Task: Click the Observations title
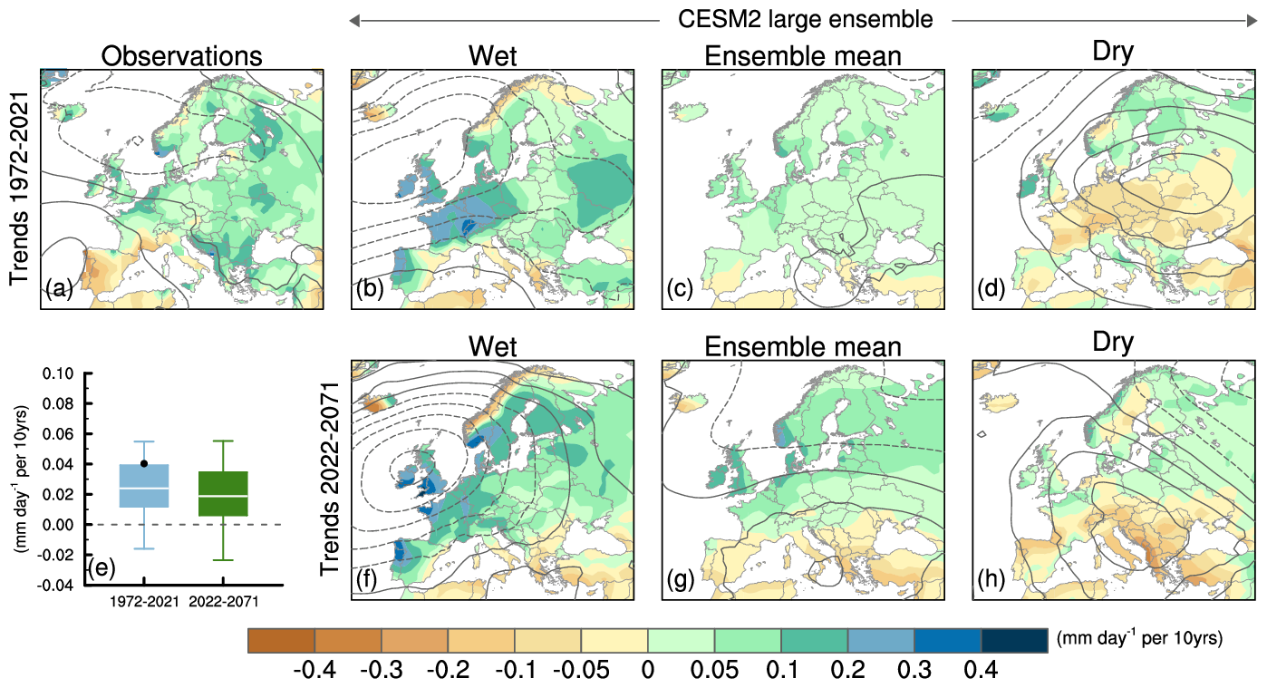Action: [x=181, y=56]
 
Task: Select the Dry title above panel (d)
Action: [x=1113, y=53]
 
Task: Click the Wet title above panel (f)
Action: [x=492, y=347]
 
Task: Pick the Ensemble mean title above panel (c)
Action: [x=802, y=56]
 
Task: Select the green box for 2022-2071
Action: [x=223, y=494]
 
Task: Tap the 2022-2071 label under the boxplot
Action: [x=223, y=599]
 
